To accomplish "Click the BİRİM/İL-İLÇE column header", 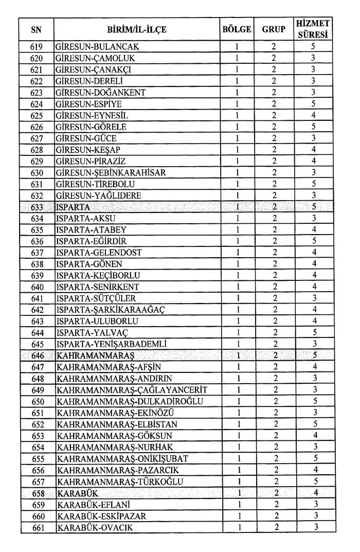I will click(x=137, y=29).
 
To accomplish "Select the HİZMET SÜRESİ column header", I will click(x=313, y=29).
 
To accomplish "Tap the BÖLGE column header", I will click(x=236, y=29).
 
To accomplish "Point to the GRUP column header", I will click(x=274, y=29).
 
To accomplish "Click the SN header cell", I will click(x=37, y=29).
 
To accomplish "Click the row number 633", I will click(x=37, y=207).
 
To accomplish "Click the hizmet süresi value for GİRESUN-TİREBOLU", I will click(x=313, y=184).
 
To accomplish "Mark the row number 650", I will click(x=37, y=401).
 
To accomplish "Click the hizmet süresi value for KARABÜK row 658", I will click(x=313, y=493).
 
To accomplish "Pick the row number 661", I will click(x=37, y=527).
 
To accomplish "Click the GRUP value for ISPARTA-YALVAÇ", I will click(x=274, y=333).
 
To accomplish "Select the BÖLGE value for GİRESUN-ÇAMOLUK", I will click(x=236, y=58).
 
